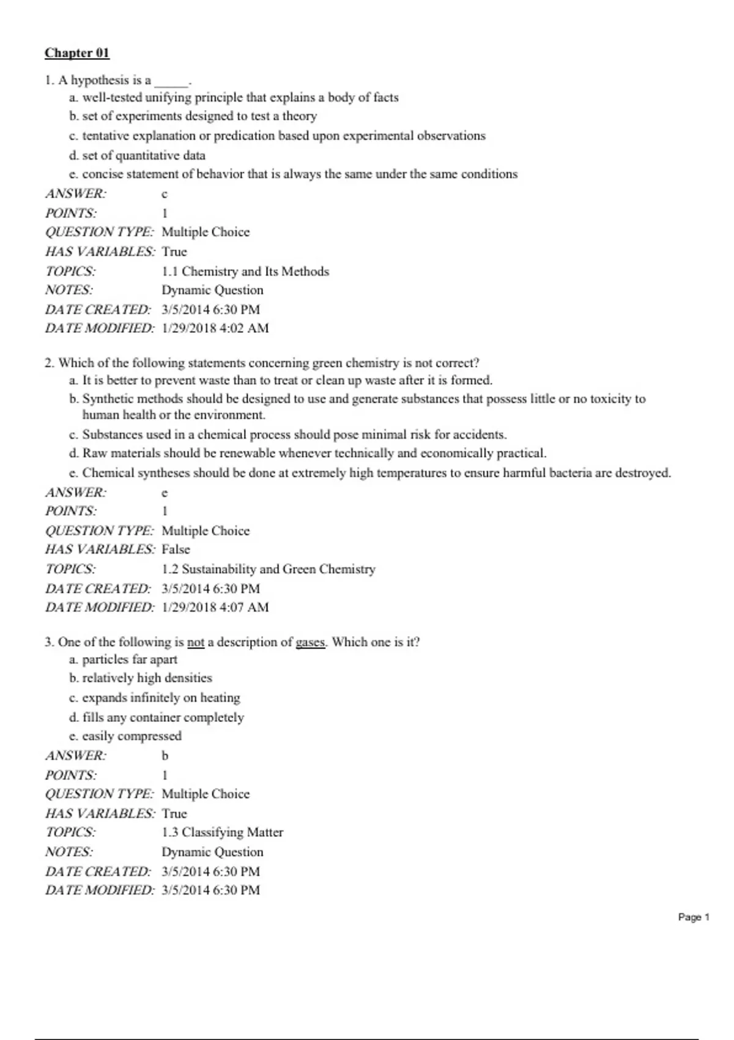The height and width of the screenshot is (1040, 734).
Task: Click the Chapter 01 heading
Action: click(x=76, y=53)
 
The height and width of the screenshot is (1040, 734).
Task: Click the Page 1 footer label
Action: click(x=694, y=917)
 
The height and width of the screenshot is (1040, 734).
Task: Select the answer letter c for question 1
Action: click(x=164, y=195)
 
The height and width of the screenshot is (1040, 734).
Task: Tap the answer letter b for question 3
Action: click(x=165, y=756)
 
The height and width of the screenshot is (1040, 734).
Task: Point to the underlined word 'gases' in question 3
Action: click(x=311, y=642)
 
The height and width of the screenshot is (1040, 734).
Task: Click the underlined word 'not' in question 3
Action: click(x=196, y=642)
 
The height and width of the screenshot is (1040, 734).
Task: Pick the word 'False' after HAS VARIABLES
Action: click(x=176, y=549)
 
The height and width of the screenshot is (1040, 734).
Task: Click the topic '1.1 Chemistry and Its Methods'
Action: click(x=245, y=271)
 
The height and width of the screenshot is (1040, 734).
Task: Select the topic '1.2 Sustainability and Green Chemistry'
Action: click(x=269, y=569)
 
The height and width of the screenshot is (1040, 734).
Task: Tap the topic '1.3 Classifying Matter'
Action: click(x=222, y=832)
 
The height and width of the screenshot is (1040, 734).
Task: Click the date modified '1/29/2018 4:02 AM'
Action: click(x=215, y=329)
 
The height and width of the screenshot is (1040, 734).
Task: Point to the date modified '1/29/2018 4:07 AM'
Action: click(x=215, y=607)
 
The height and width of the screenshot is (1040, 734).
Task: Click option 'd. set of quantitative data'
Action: click(x=137, y=155)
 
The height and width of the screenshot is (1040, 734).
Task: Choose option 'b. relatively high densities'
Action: click(x=141, y=678)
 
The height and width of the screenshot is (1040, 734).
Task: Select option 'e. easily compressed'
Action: click(x=125, y=736)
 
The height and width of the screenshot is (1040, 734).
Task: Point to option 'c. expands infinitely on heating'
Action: click(x=154, y=697)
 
